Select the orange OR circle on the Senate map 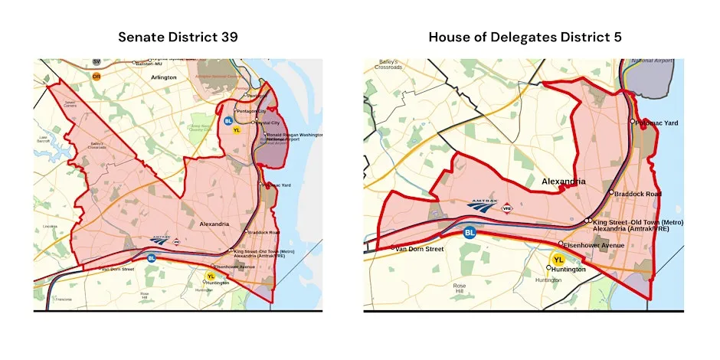(97, 77)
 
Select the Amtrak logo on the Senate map (159, 239)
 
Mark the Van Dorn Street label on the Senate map (119, 269)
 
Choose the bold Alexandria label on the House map (563, 182)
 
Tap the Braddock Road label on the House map (638, 194)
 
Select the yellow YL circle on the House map (558, 260)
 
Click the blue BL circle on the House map (470, 232)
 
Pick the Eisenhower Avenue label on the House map (594, 245)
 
